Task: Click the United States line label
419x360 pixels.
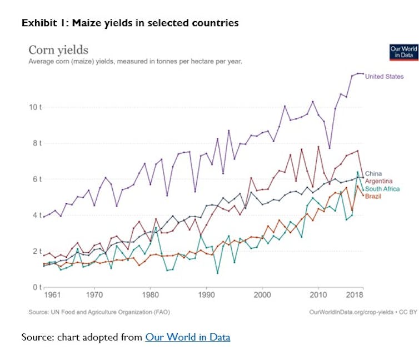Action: tap(385, 77)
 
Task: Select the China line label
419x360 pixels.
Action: tap(373, 174)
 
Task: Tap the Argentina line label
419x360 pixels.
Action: tap(380, 182)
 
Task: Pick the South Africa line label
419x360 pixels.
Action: tap(382, 189)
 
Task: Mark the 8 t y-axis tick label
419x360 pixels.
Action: tap(36, 143)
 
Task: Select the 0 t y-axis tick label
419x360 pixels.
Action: tap(36, 287)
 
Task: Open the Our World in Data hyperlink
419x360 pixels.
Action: tap(187, 337)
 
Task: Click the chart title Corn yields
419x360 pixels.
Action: tap(58, 51)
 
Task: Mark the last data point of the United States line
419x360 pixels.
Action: tap(363, 73)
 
